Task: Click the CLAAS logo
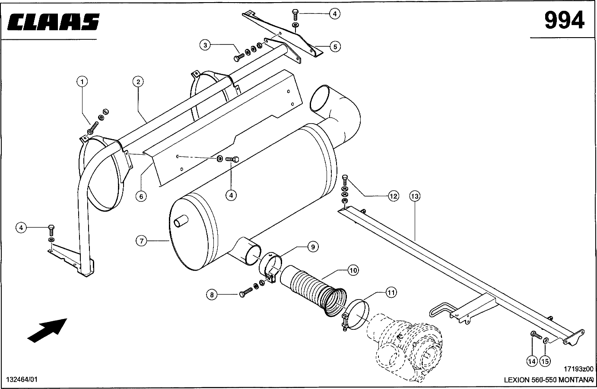click(53, 22)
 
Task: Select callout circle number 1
click(82, 82)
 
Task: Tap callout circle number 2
click(138, 82)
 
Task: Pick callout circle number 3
click(205, 45)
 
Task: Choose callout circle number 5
click(335, 47)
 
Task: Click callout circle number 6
click(141, 197)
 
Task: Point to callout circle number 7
click(141, 241)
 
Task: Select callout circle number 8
click(212, 295)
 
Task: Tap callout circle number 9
click(313, 247)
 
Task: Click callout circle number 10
click(353, 270)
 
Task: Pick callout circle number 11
click(391, 293)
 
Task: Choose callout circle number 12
click(394, 196)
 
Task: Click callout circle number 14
click(532, 361)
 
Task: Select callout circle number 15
click(545, 361)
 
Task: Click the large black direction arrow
click(48, 330)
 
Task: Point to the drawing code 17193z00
click(578, 369)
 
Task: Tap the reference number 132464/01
click(22, 379)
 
